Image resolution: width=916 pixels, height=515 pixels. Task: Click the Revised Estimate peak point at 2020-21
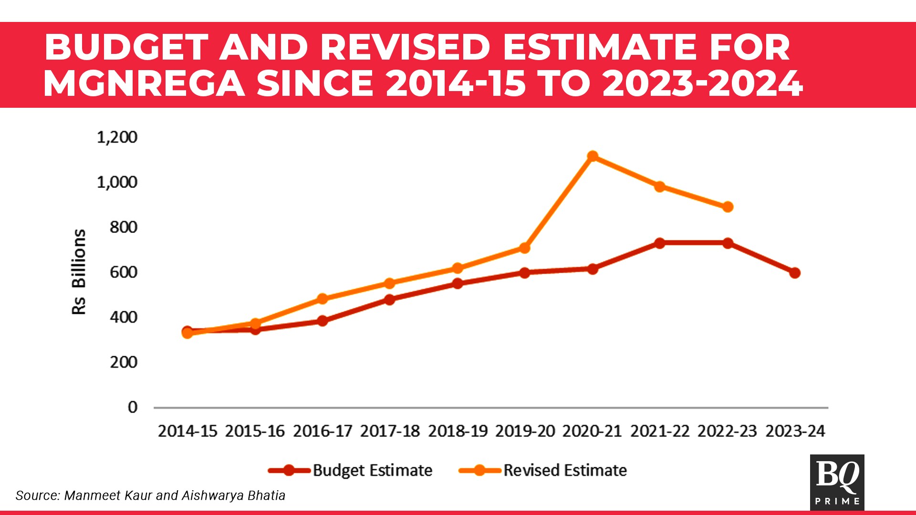point(592,156)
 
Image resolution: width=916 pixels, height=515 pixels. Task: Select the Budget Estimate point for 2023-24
point(794,273)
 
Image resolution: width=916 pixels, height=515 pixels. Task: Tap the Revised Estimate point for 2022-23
point(727,207)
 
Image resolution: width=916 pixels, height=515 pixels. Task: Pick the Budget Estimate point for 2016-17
point(322,321)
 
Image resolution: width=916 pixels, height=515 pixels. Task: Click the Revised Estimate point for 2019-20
point(524,248)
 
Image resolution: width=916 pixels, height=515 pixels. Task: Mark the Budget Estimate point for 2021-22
point(659,243)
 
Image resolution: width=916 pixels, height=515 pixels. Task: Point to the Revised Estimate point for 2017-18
point(389,283)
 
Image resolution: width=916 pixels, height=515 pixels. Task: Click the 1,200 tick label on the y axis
point(117,137)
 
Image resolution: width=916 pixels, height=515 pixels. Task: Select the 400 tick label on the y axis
point(123,317)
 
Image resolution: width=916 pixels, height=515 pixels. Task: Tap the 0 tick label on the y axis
point(132,407)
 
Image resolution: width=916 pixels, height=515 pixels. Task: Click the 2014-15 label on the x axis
point(187,431)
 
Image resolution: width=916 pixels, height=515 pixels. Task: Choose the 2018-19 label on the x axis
point(458,431)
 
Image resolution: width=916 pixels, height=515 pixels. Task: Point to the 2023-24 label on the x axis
point(795,431)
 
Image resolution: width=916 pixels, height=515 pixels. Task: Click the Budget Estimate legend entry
point(351,470)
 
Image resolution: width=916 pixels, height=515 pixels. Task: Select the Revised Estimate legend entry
point(543,470)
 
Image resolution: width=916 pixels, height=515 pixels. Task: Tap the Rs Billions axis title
point(79,272)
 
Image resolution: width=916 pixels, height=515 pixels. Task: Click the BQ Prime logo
point(837,482)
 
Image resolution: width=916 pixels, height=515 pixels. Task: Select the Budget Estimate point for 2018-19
point(457,283)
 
